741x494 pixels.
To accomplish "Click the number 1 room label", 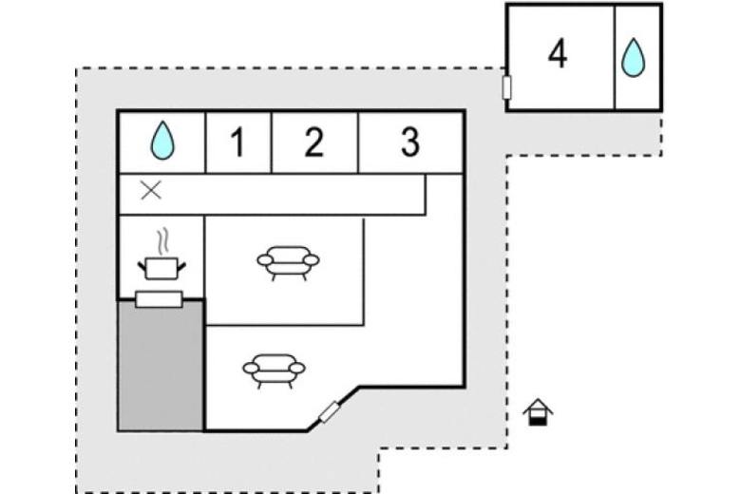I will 237,142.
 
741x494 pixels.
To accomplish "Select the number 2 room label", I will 313,142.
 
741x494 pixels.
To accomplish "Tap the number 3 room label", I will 409,142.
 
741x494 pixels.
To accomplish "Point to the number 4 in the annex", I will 558,54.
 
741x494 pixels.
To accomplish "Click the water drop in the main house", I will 163,142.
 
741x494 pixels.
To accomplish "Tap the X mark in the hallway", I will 151,190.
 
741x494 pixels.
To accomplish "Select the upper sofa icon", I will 287,261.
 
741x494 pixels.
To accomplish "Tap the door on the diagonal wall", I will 330,413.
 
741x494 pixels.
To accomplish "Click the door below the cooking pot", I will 159,300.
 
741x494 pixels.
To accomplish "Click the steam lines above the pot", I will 166,237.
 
